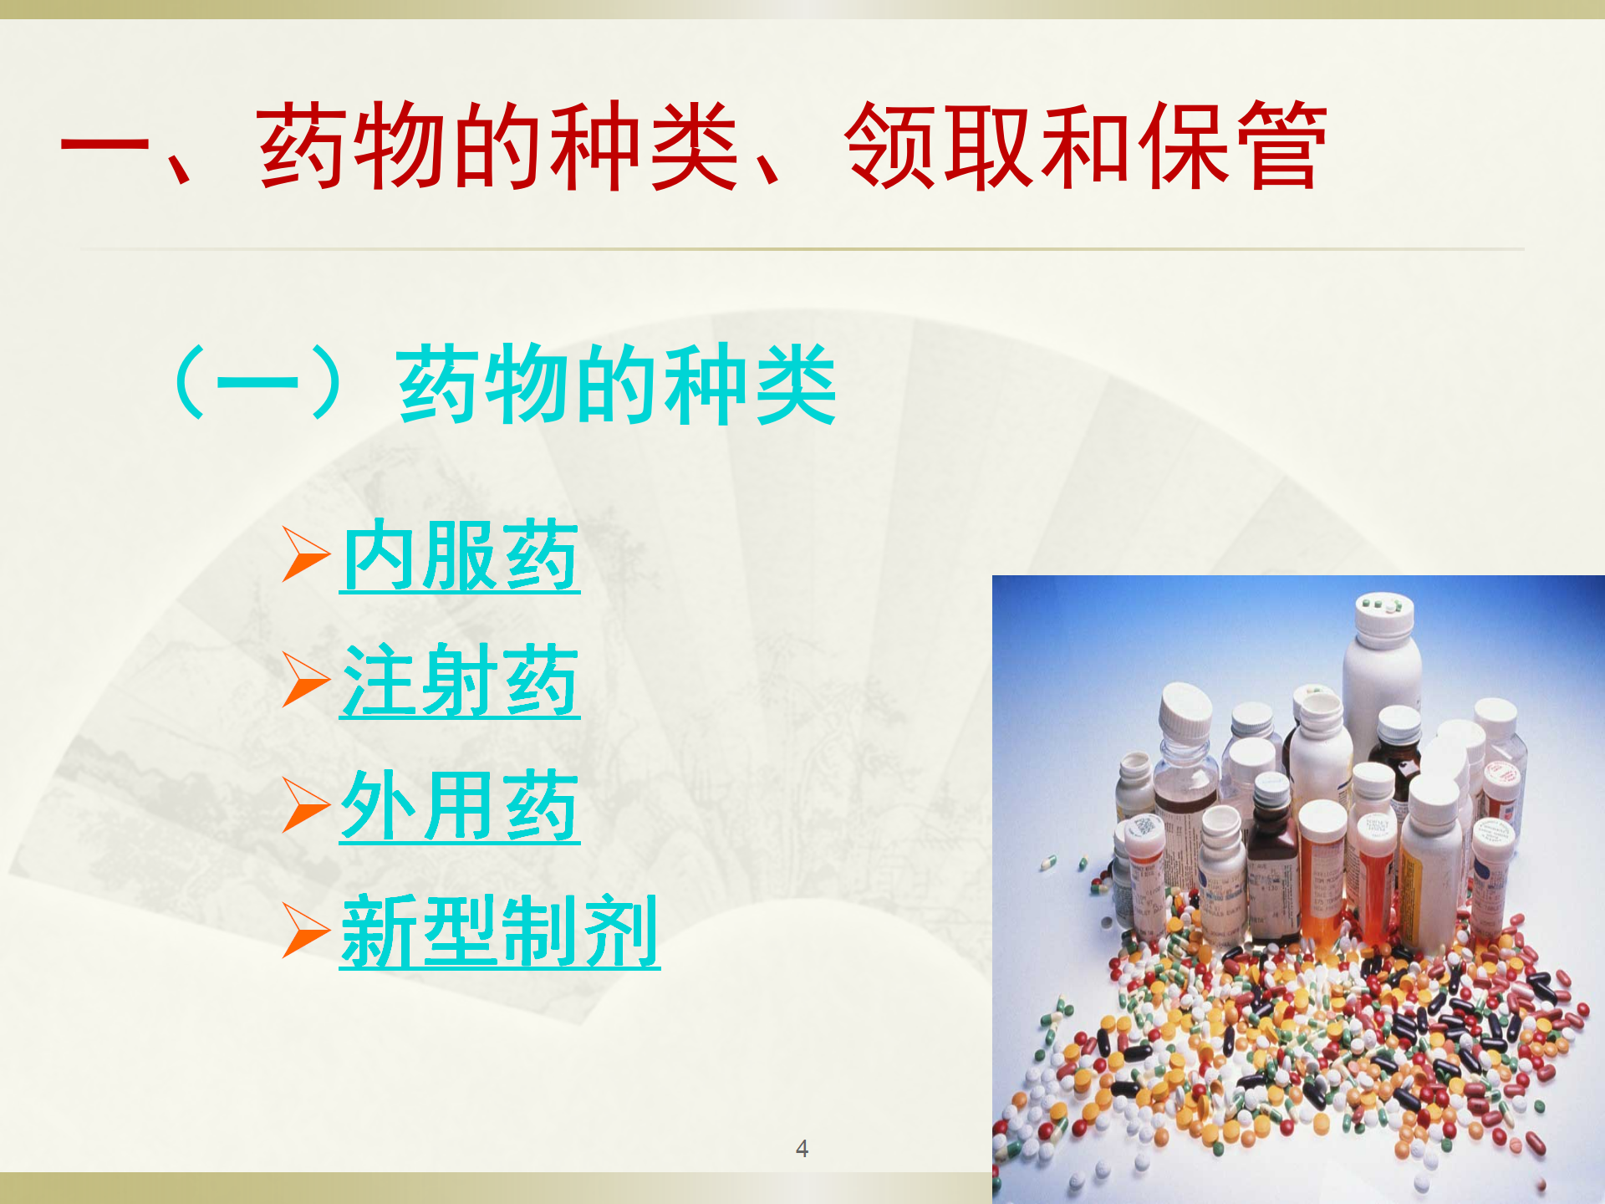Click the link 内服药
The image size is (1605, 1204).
click(x=460, y=556)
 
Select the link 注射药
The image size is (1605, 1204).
click(x=460, y=681)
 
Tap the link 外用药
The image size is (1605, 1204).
click(x=460, y=806)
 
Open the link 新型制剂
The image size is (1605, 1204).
click(x=500, y=931)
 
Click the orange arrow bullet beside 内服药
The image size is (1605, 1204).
click(x=306, y=554)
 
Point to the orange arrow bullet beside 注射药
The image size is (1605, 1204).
click(x=306, y=680)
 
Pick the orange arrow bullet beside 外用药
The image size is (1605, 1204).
click(x=306, y=805)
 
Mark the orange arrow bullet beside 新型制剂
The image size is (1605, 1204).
click(x=306, y=931)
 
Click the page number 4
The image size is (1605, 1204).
click(x=802, y=1149)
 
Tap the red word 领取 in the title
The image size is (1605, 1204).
click(x=939, y=146)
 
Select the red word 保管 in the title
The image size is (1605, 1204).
click(x=1232, y=146)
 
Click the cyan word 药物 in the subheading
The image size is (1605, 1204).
click(x=484, y=384)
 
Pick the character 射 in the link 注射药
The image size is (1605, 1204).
click(x=460, y=681)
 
